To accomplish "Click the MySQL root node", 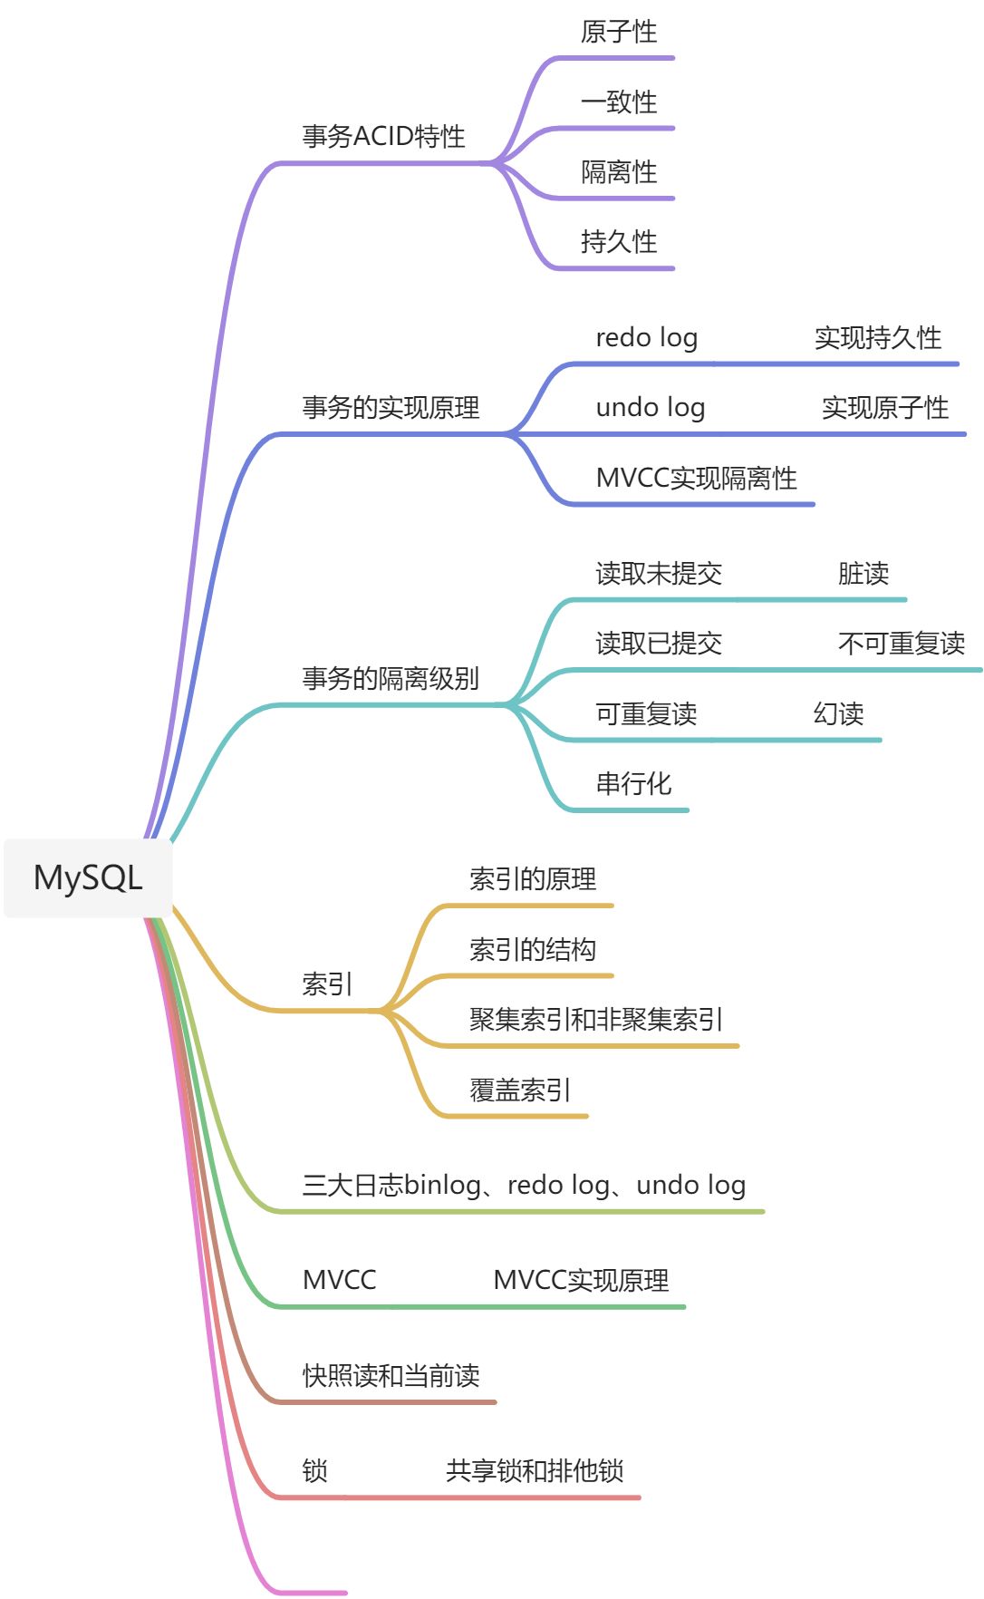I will point(88,877).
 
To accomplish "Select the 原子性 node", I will point(619,33).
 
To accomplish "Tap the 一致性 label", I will point(619,102).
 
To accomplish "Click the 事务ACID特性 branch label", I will point(383,137).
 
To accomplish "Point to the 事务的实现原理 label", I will point(391,408).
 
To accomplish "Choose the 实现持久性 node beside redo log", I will point(878,338).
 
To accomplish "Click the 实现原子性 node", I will point(885,408).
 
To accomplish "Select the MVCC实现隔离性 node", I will point(696,479).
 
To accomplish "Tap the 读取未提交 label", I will point(659,574).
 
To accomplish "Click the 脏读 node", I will point(863,574).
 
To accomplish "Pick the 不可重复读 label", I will point(902,644).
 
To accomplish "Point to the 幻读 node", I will point(838,714).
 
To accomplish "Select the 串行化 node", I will point(633,784).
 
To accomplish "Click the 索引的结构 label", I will point(533,950).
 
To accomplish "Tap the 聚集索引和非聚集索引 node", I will point(595,1020).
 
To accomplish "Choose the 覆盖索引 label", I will point(520,1090).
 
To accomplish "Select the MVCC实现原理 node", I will point(581,1281).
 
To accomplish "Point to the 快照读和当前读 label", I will point(391,1376).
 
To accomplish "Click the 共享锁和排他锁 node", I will point(535,1471).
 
